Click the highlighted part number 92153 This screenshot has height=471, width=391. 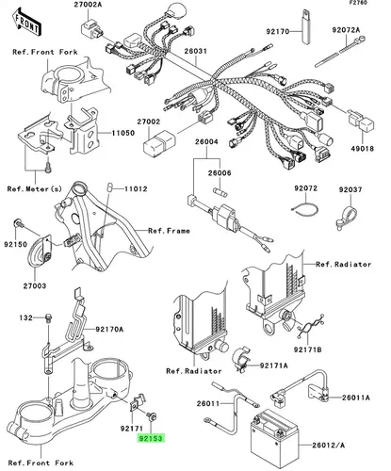tap(151, 438)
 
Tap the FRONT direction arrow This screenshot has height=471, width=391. tap(27, 23)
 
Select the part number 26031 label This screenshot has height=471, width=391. tap(195, 51)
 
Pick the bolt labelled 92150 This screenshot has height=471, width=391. tap(19, 224)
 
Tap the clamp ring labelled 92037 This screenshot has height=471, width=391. tap(348, 216)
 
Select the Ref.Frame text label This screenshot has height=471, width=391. tap(169, 231)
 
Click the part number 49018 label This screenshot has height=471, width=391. tap(362, 148)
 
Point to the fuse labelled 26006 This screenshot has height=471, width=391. tap(220, 192)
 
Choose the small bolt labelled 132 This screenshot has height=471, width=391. tap(49, 317)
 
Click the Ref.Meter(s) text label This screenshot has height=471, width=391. tap(35, 188)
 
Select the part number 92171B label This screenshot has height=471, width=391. tap(308, 349)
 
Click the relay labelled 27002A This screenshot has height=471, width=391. tap(92, 27)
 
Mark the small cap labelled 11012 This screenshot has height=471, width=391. tap(110, 187)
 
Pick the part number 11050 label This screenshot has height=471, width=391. tap(122, 133)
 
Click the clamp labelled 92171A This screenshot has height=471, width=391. tap(241, 359)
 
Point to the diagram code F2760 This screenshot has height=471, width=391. tap(359, 3)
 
